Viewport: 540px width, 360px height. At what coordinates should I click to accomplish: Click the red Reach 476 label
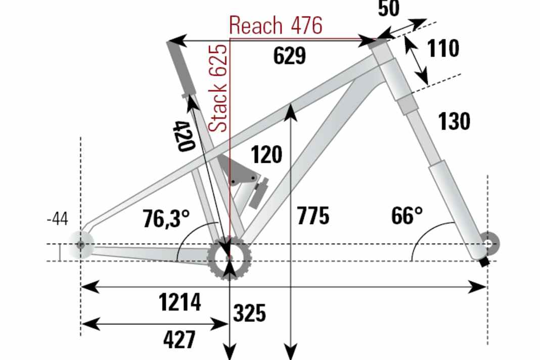tap(276, 25)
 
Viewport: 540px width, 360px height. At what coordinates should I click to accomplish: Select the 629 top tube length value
tap(289, 56)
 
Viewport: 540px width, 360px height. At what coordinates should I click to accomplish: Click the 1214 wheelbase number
tap(180, 302)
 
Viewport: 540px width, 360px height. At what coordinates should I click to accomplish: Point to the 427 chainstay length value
tap(179, 339)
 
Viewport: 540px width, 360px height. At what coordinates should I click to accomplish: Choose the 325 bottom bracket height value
tap(249, 313)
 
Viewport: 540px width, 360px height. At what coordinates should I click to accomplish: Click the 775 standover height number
tap(313, 215)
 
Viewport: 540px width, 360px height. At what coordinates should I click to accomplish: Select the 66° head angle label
tap(407, 216)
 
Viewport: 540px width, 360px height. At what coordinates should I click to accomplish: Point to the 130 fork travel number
tap(454, 121)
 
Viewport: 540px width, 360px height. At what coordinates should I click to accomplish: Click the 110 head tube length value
tap(443, 49)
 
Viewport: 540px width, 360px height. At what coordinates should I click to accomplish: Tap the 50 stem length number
tap(388, 8)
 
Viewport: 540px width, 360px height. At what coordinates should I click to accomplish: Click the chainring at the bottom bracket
tap(230, 258)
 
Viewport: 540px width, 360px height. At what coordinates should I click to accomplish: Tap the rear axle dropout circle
tap(81, 245)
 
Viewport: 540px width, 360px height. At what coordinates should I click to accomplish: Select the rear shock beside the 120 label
tap(258, 193)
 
